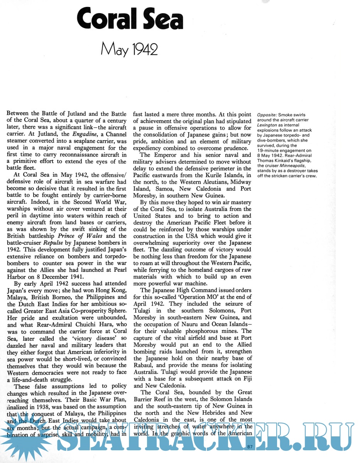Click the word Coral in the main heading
105,19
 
